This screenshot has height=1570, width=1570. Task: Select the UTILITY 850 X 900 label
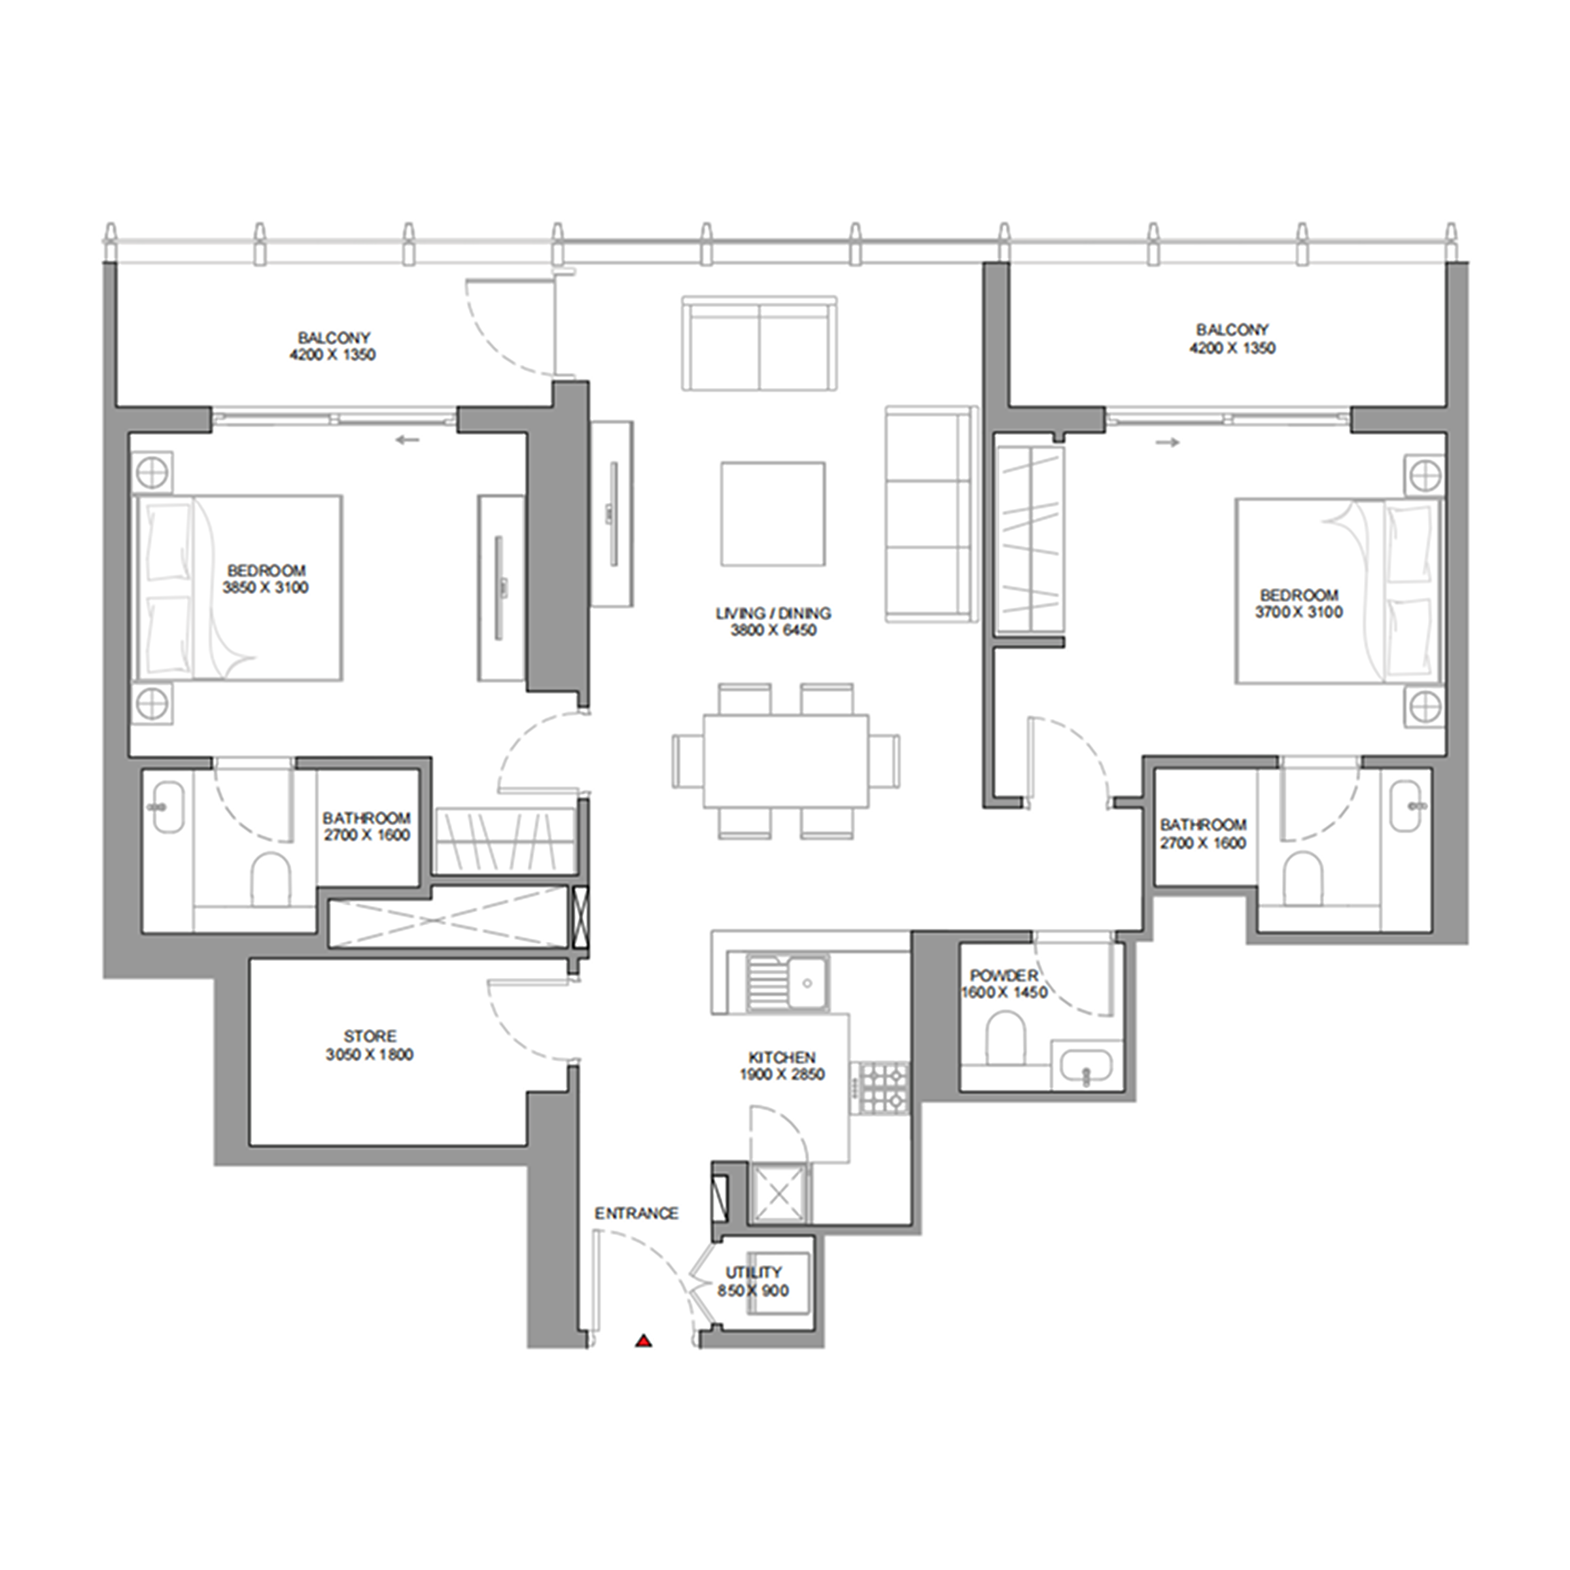click(x=754, y=1281)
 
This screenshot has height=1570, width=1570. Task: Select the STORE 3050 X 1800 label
click(x=370, y=1045)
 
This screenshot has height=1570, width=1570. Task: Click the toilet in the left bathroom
click(x=271, y=879)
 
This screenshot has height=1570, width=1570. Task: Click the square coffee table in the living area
click(x=773, y=514)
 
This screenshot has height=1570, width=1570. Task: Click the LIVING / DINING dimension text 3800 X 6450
click(x=773, y=630)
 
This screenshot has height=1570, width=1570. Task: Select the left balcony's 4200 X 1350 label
click(x=332, y=355)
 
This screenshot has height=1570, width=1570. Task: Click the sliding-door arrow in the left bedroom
click(x=408, y=440)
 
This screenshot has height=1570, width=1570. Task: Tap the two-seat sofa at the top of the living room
click(x=759, y=343)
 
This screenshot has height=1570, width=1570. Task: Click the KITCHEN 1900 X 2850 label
click(x=782, y=1066)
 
